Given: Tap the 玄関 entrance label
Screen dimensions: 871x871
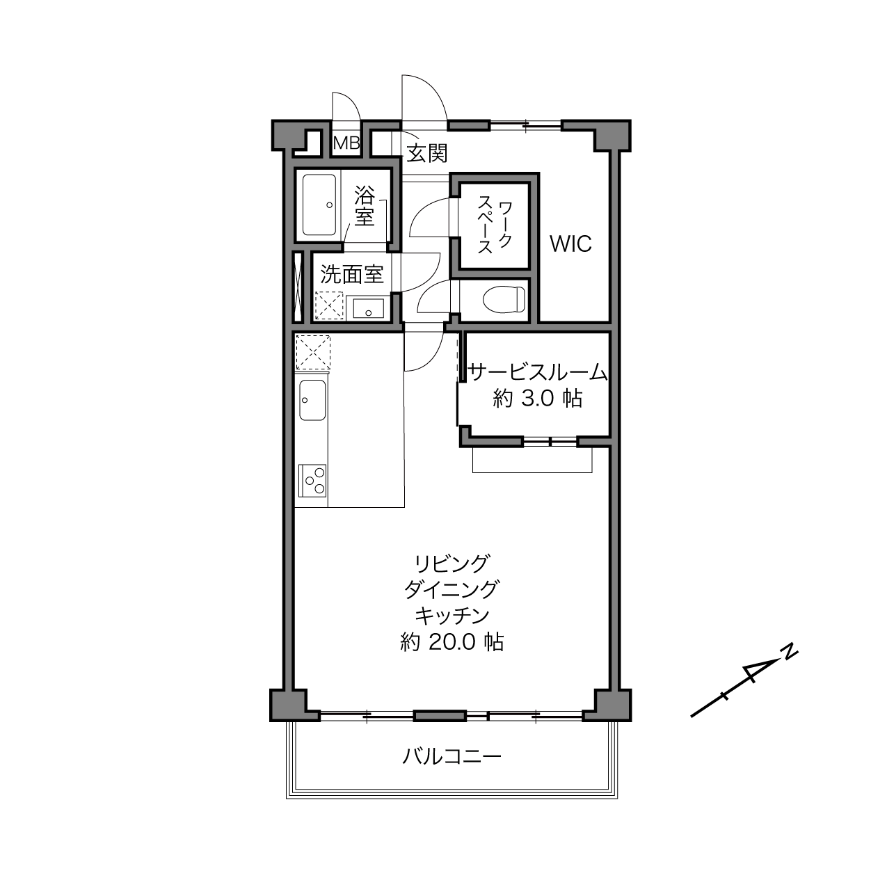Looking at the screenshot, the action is tap(427, 153).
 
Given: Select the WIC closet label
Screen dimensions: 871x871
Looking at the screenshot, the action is tap(570, 244).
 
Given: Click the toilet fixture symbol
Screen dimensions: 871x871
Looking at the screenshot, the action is tap(504, 298).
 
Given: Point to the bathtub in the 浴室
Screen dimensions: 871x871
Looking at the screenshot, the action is tap(319, 205).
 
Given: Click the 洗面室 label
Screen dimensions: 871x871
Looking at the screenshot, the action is tap(351, 274).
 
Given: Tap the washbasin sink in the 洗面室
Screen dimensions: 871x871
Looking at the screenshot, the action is tap(369, 308).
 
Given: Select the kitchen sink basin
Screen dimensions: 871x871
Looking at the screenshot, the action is tap(312, 399).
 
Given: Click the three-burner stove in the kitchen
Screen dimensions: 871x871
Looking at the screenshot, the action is tap(312, 481).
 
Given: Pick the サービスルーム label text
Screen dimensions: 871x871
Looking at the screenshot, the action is tap(536, 373).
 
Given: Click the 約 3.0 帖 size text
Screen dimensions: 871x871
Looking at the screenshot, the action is tap(537, 399).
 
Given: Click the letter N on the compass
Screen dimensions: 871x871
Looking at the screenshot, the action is tap(790, 651).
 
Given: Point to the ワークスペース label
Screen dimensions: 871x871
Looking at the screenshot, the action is tap(495, 225).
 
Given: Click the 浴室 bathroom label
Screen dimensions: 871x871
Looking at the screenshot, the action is tap(365, 205).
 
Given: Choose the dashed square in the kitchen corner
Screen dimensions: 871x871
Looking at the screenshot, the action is tap(313, 352).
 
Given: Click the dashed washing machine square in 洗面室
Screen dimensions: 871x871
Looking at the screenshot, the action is tap(330, 305).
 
